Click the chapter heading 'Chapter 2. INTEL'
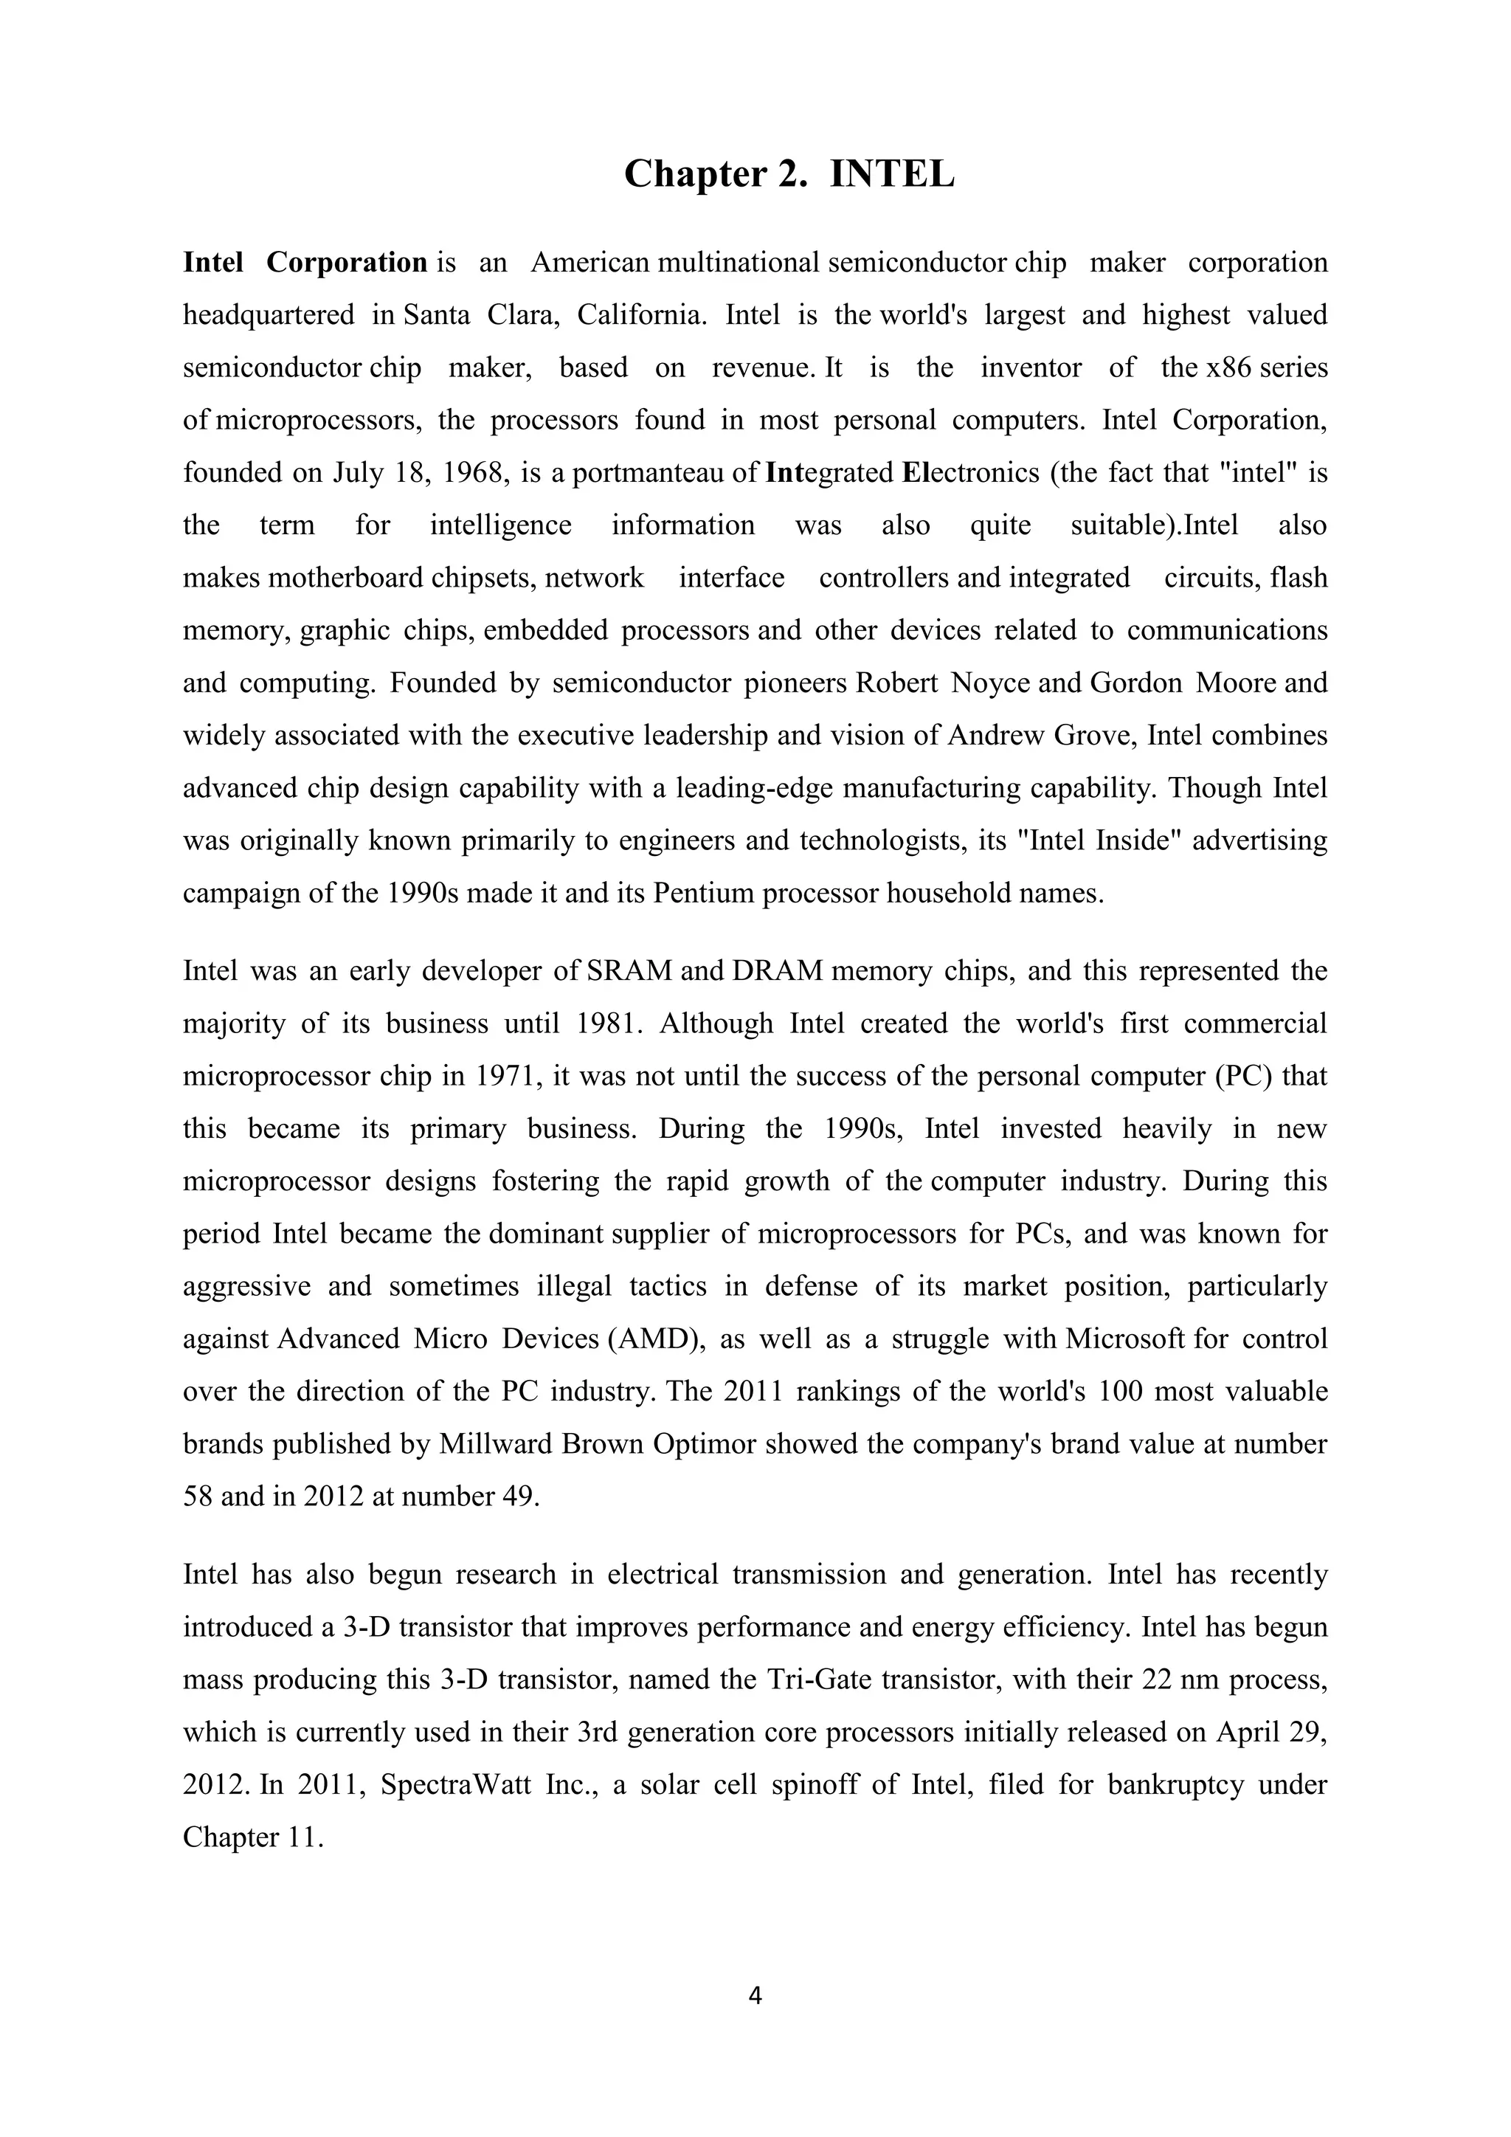pos(788,174)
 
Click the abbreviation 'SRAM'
pos(630,971)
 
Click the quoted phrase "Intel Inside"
pos(1101,840)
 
